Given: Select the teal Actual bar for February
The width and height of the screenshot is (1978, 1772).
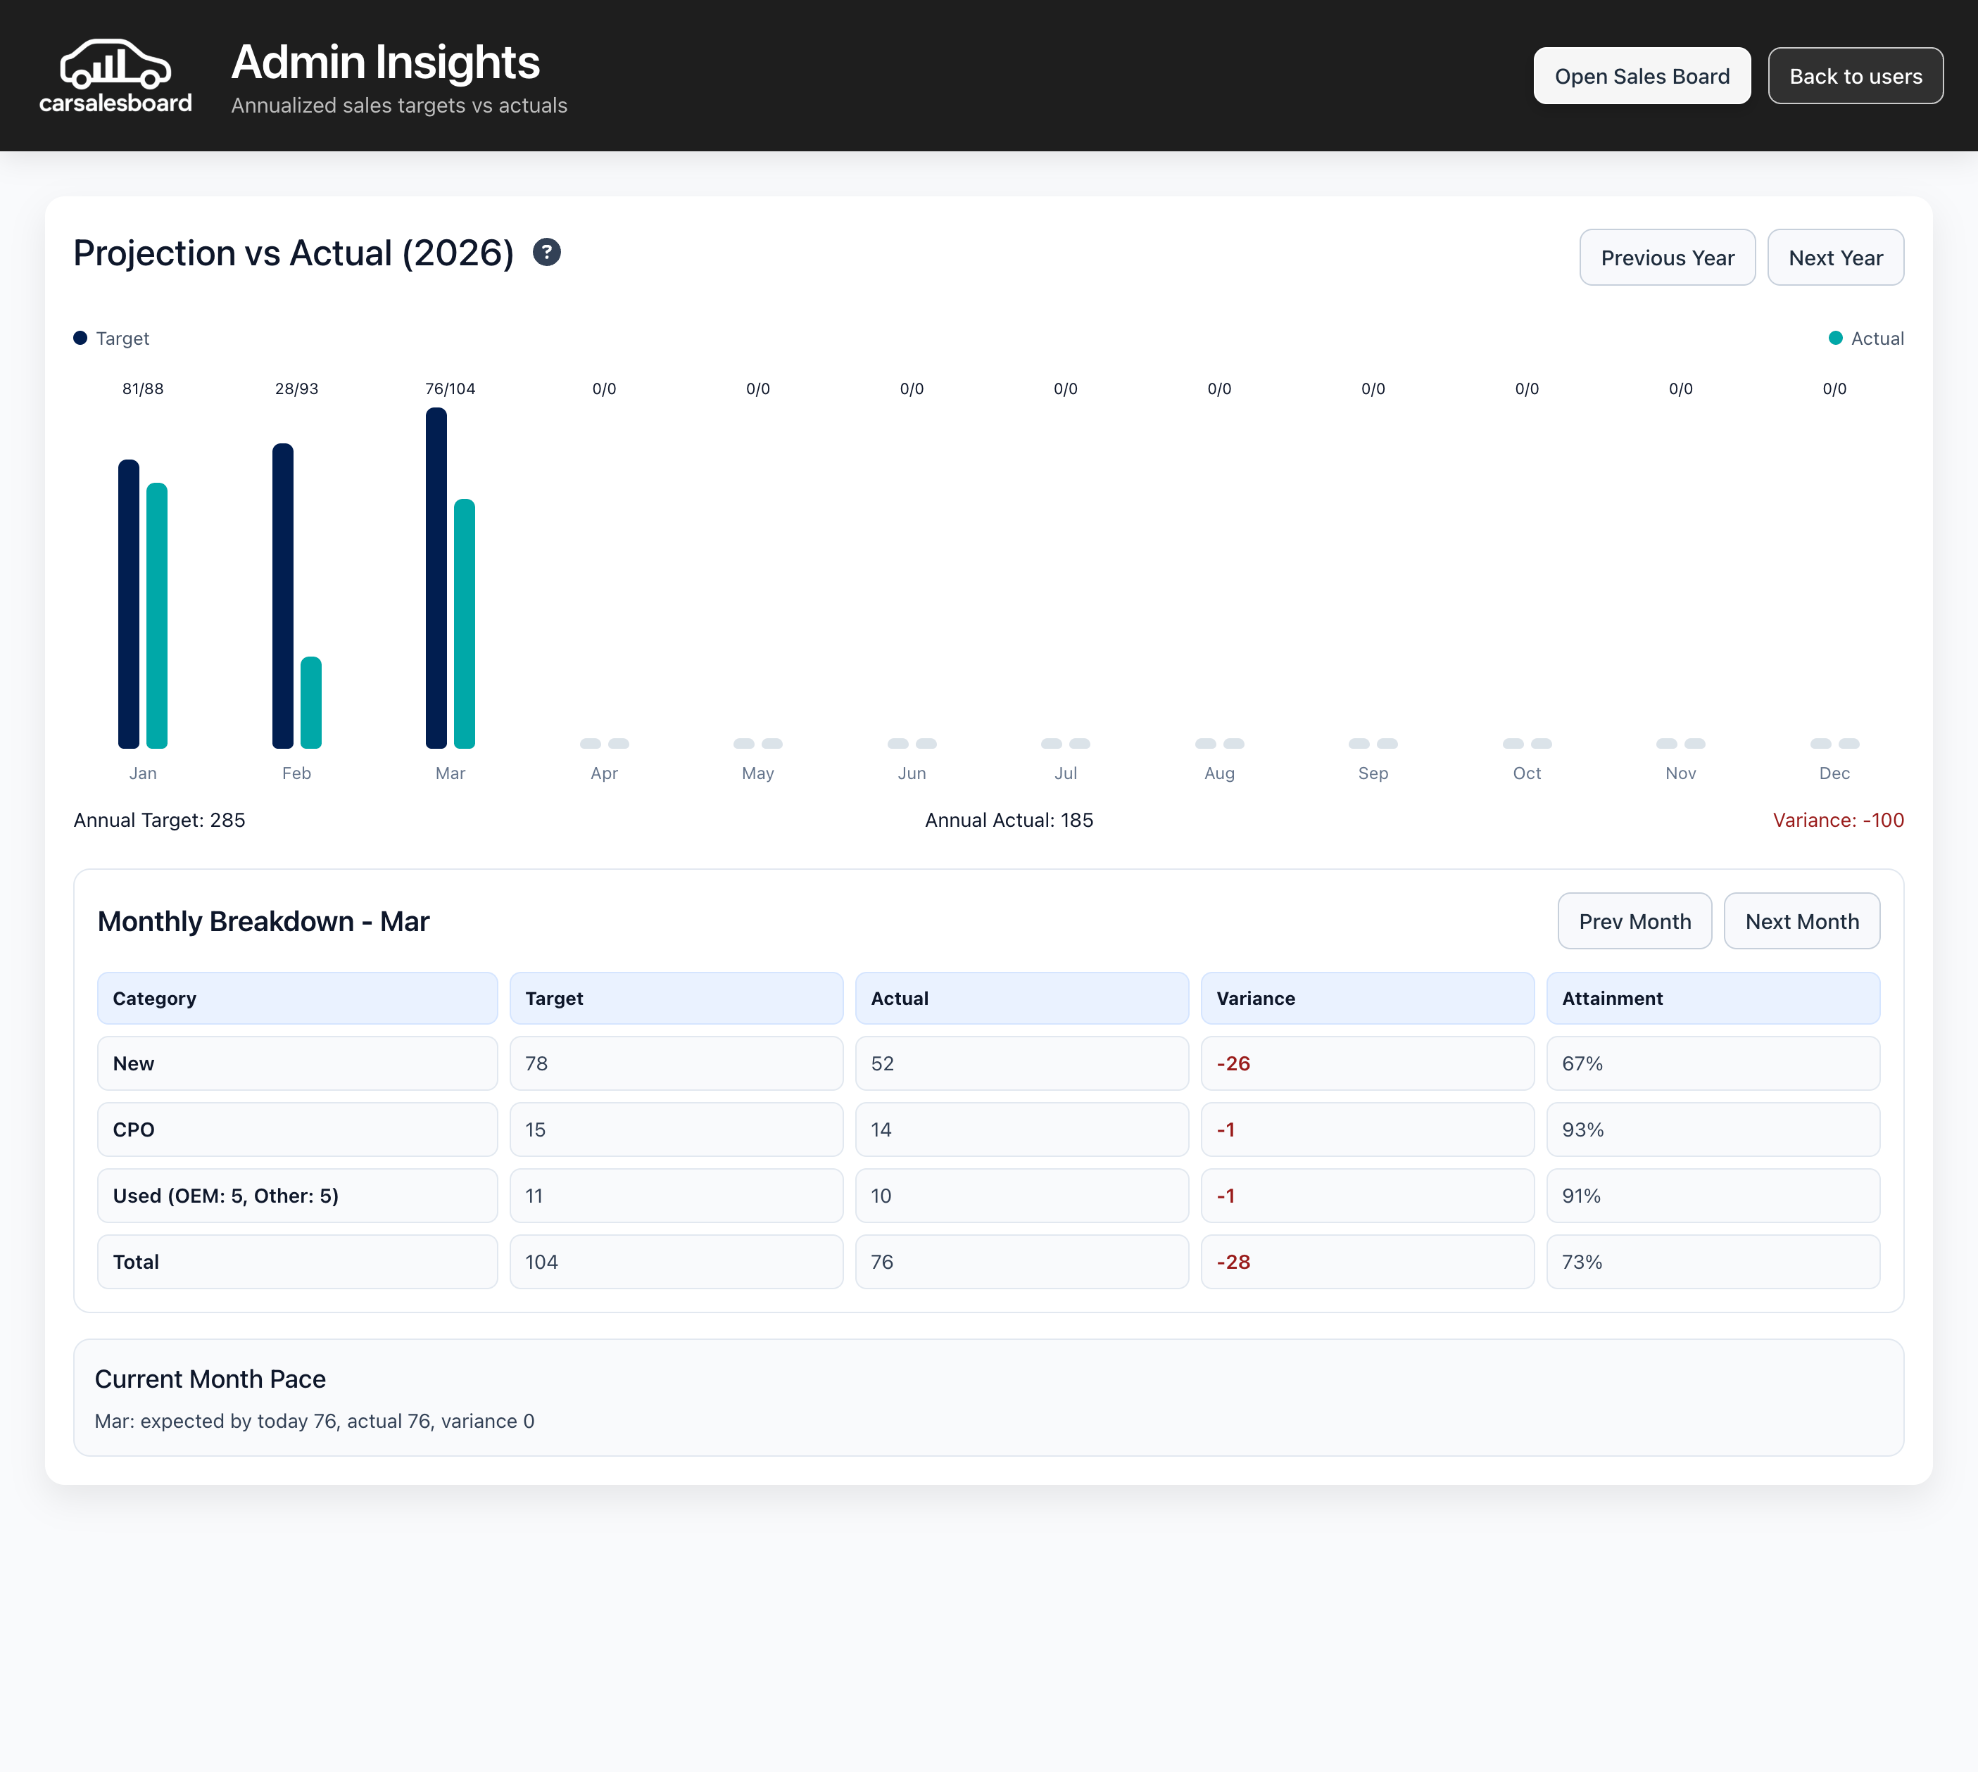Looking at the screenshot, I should point(310,703).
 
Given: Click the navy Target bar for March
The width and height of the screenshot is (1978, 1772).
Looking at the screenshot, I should point(436,578).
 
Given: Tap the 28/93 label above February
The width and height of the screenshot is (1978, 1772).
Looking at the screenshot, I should point(296,388).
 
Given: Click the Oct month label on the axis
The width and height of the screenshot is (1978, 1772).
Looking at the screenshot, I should point(1526,773).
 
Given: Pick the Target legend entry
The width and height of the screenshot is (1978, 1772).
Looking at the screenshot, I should point(111,338).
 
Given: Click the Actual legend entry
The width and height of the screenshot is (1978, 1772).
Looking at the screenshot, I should point(1866,338).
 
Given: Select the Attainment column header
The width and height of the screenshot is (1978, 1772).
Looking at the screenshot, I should point(1612,998).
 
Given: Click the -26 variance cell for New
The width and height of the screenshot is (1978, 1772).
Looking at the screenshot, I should point(1233,1063).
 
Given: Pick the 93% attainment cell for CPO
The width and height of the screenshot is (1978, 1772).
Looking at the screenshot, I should point(1582,1129).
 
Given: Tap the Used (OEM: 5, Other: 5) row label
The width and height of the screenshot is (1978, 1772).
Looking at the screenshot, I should point(226,1196).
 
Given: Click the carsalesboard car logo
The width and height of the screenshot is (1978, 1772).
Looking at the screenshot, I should point(115,66).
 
